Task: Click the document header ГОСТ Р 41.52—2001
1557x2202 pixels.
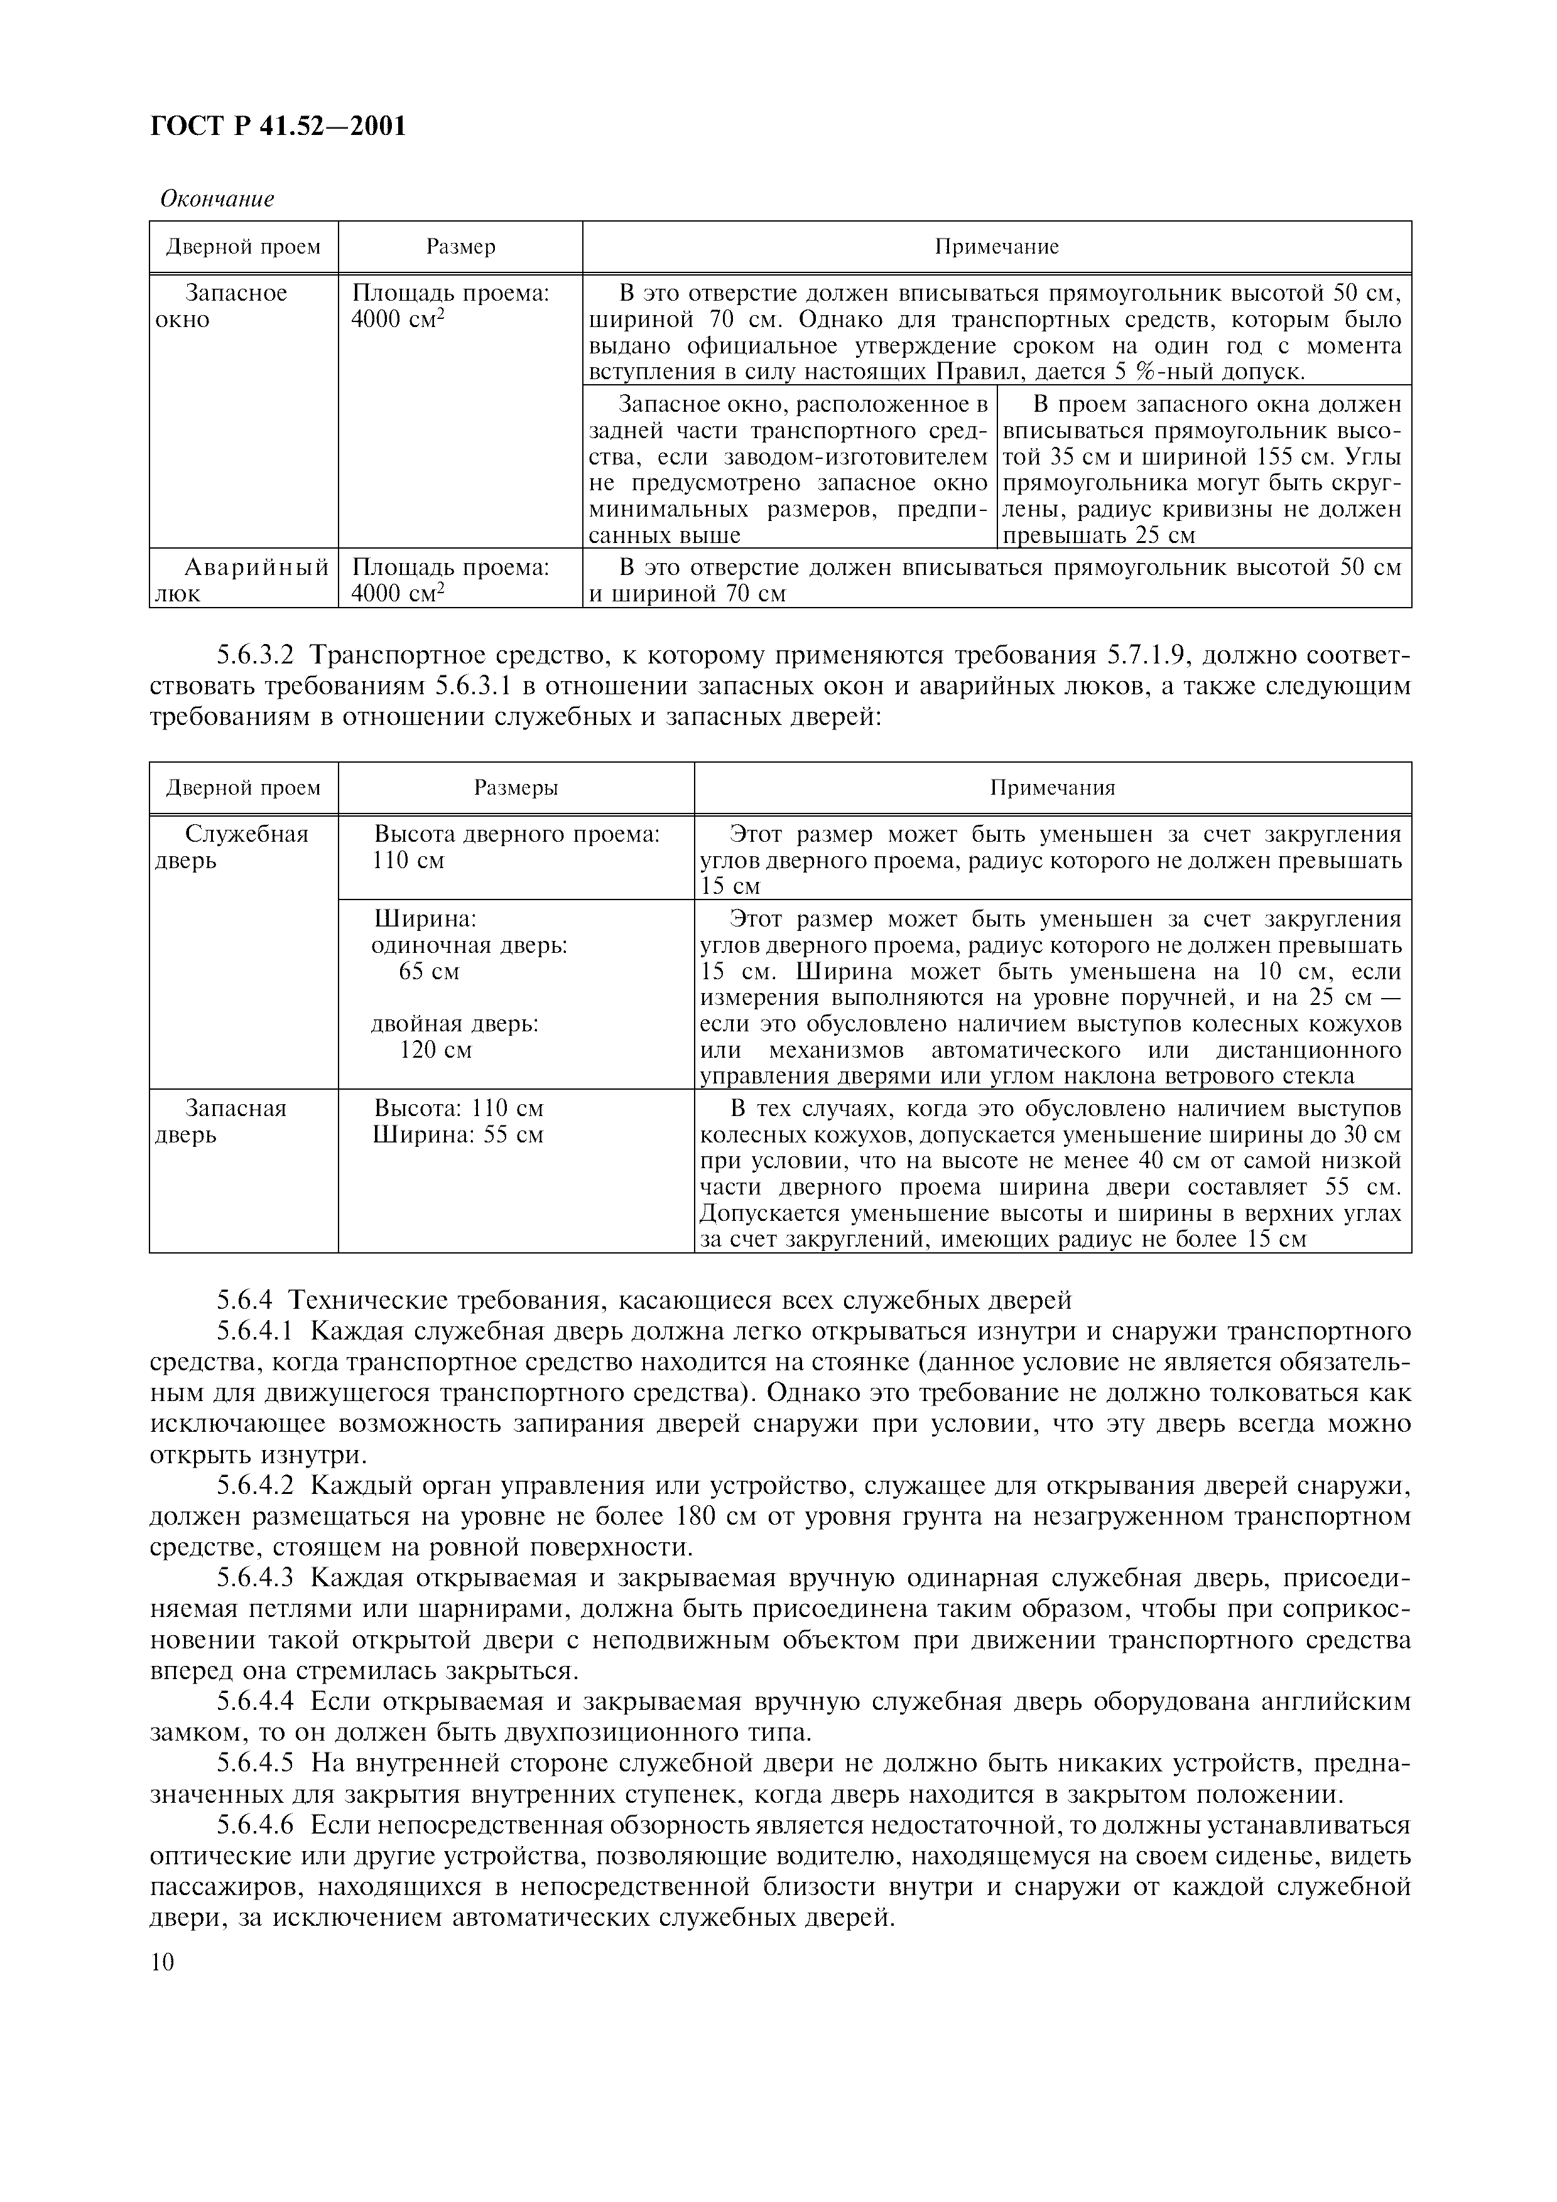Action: pos(278,126)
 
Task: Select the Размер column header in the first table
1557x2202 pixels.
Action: pos(460,247)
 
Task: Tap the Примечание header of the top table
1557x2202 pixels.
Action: pos(997,247)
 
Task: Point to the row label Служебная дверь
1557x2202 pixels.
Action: pos(233,846)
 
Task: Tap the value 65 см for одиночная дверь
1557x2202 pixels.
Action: pos(429,972)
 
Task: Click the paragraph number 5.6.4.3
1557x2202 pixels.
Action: pos(256,1579)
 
